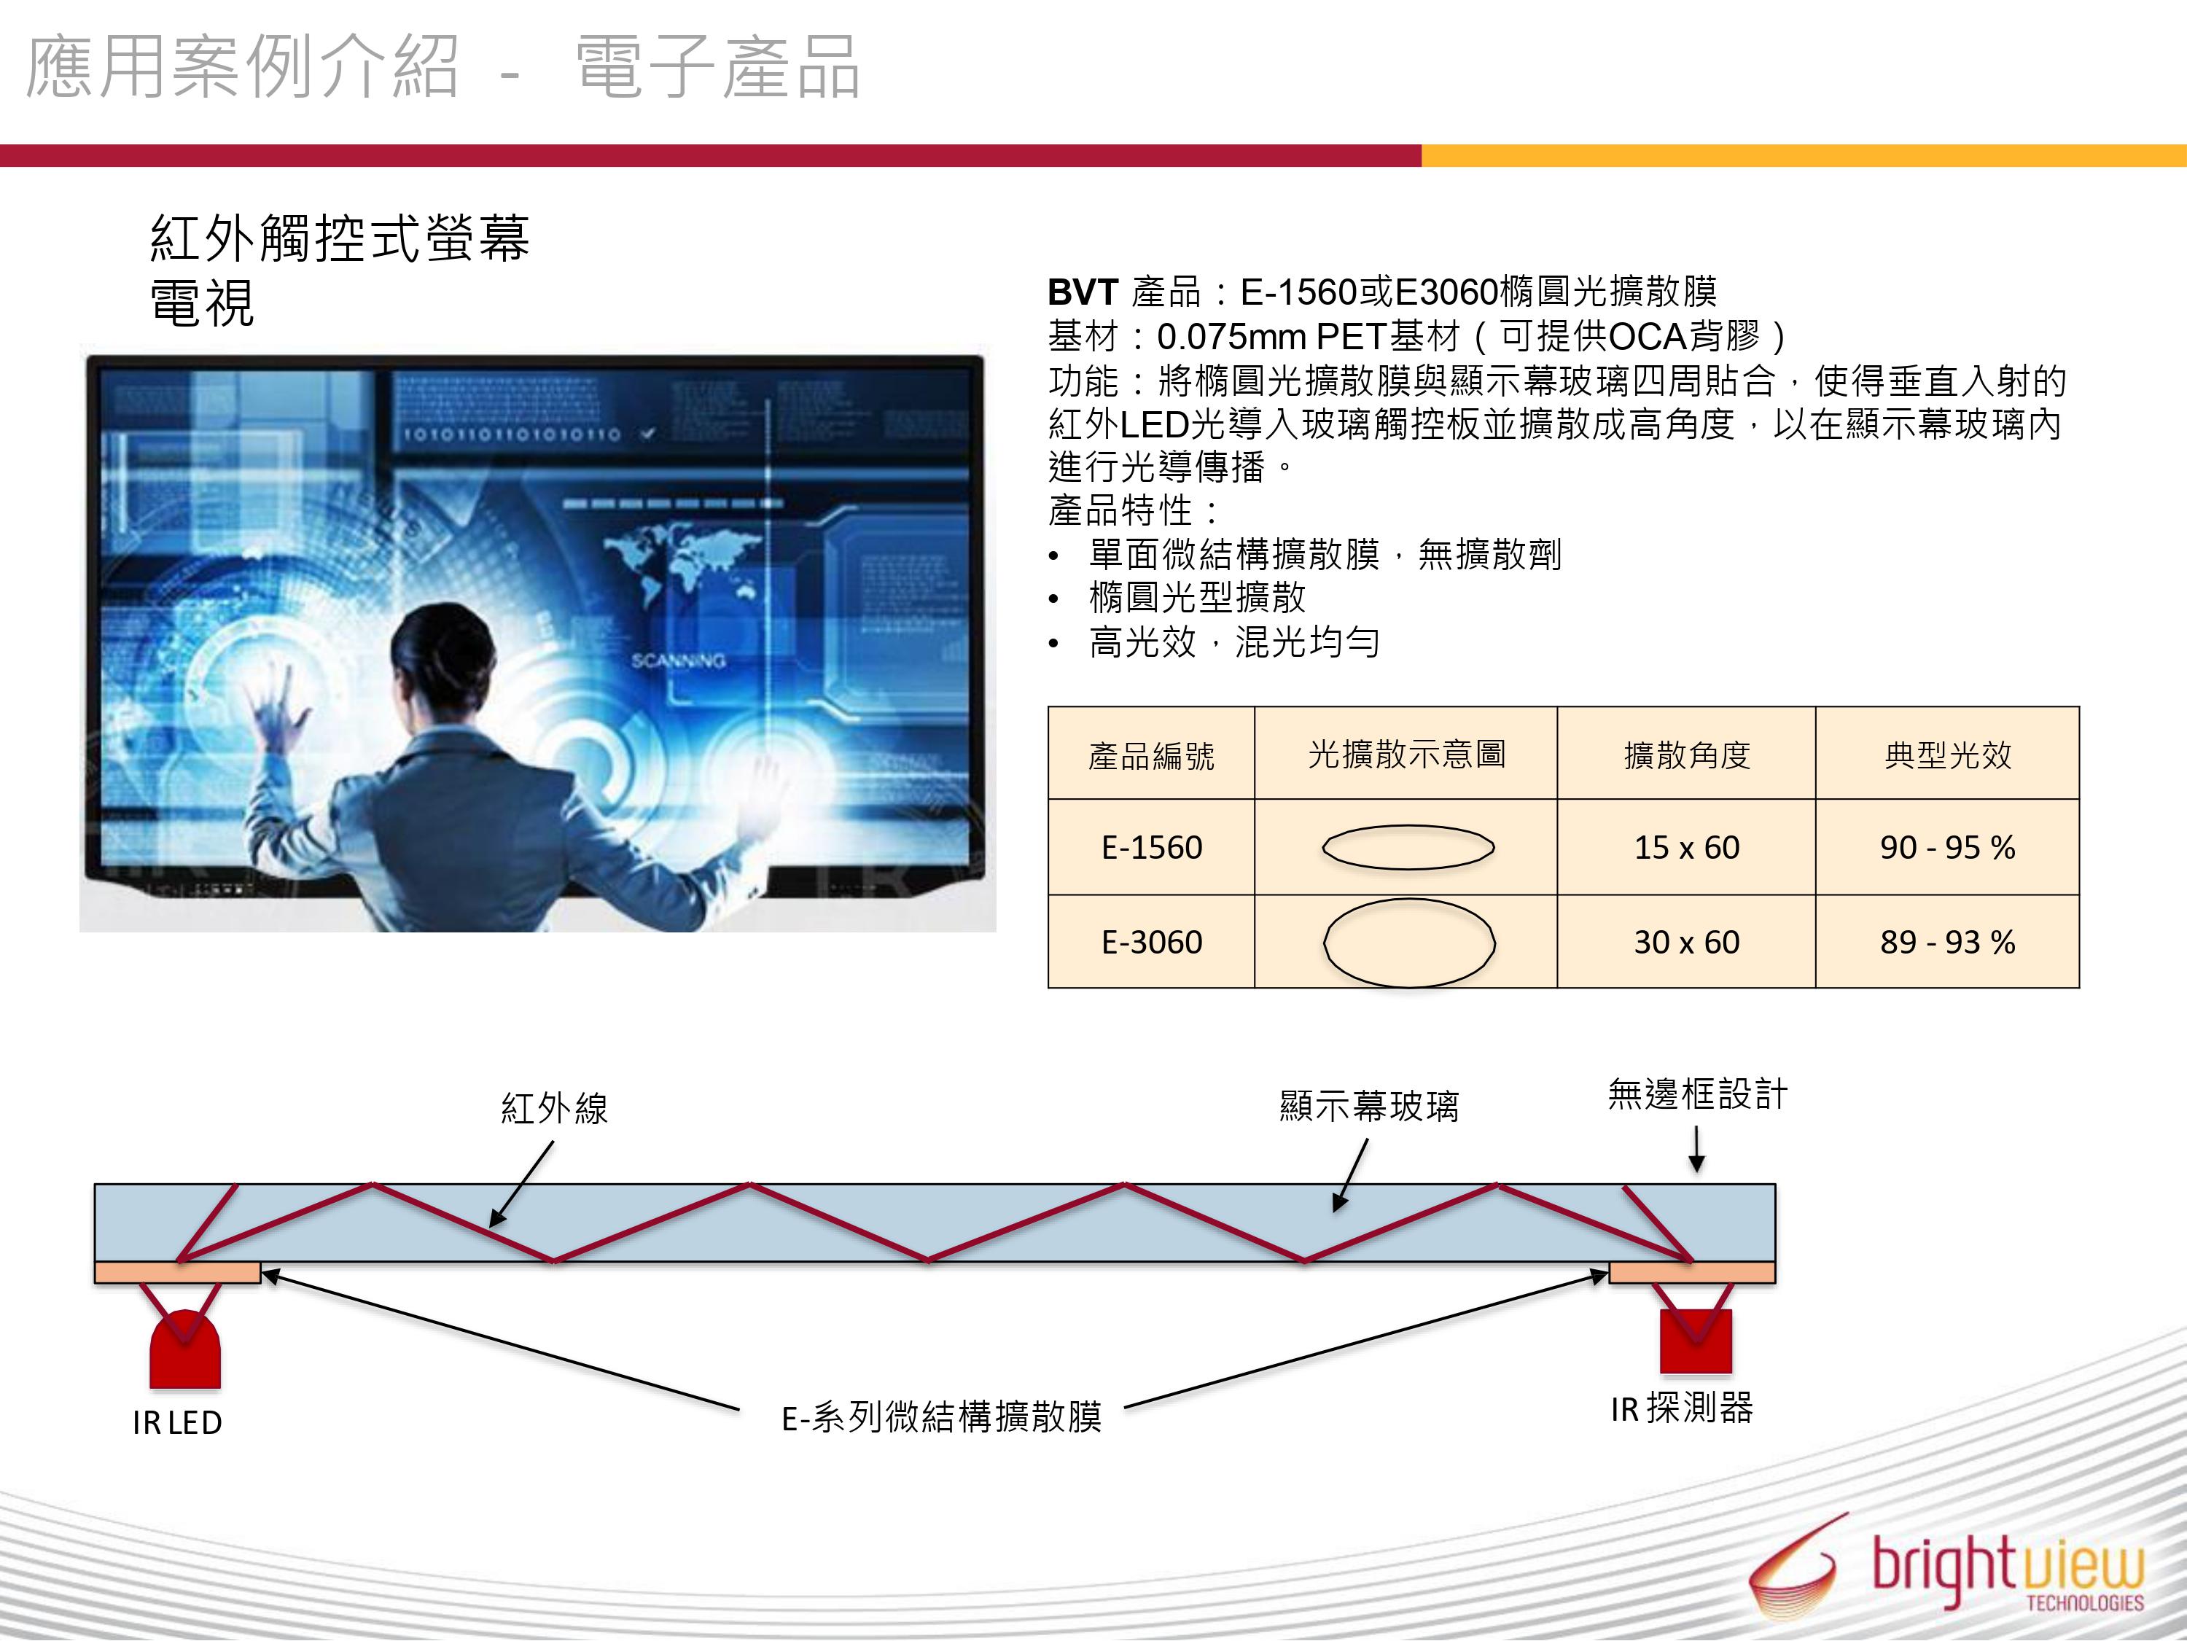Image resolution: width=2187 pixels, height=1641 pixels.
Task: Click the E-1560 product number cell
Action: click(1151, 847)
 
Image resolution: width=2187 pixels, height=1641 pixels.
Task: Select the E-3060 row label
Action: click(1152, 942)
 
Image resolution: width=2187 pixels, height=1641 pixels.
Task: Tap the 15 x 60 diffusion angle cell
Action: click(1687, 847)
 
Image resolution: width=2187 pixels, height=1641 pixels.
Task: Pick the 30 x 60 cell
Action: click(1687, 942)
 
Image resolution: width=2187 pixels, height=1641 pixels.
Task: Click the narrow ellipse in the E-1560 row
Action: click(1408, 847)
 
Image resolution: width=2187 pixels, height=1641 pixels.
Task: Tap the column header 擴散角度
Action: click(1687, 755)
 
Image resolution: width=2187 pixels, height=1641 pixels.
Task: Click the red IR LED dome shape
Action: click(185, 1349)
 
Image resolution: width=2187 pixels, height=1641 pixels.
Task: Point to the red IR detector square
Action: click(1696, 1341)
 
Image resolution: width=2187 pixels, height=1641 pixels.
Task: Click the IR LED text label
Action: click(177, 1422)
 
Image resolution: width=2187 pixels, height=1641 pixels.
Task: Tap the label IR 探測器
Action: click(1682, 1408)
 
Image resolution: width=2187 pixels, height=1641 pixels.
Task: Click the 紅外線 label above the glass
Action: click(553, 1108)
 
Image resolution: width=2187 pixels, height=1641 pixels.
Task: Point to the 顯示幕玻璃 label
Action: click(1369, 1105)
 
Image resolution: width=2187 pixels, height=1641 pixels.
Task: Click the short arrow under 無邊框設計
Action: click(1696, 1150)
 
